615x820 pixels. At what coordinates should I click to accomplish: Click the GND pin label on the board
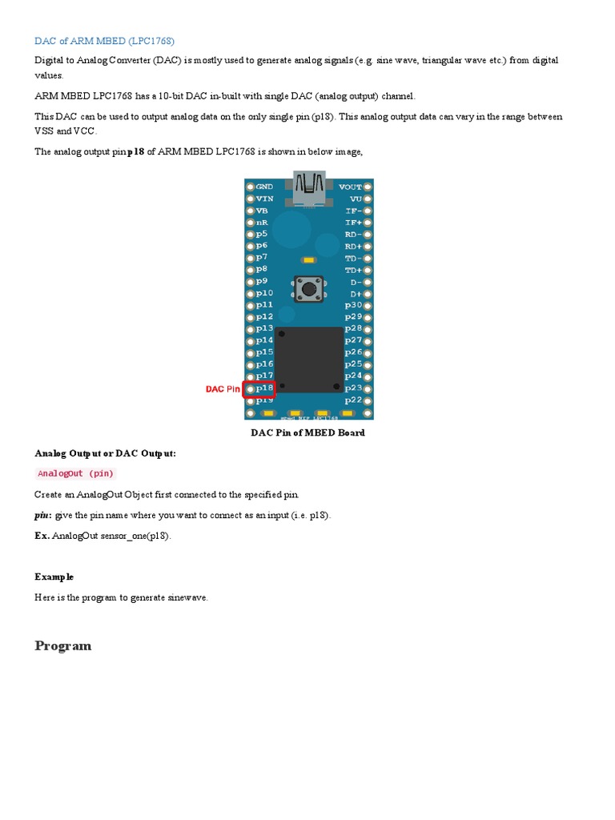(264, 186)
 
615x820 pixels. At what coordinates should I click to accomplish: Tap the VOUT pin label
(351, 186)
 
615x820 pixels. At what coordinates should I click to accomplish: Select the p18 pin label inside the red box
(265, 388)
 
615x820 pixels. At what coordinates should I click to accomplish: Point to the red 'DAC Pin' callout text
(223, 389)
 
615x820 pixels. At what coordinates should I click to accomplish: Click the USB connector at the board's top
(309, 186)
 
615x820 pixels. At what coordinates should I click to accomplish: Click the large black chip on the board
(309, 359)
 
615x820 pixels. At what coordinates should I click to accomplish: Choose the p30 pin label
(353, 305)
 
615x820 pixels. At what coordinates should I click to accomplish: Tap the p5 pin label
(262, 234)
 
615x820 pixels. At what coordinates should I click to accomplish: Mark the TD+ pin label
(353, 270)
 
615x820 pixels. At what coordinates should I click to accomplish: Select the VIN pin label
(264, 198)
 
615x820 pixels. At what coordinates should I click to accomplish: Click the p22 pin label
(353, 400)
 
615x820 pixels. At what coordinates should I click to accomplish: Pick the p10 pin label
(264, 293)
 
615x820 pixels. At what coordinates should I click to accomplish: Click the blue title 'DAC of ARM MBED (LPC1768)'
(104, 40)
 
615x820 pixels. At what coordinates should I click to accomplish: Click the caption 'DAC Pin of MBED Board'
(308, 432)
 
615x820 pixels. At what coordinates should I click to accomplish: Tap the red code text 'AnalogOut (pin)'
(76, 473)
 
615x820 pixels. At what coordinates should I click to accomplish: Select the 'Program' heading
(63, 646)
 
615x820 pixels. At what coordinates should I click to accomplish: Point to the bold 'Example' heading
(54, 577)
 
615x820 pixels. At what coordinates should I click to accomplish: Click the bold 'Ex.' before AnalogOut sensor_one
(42, 536)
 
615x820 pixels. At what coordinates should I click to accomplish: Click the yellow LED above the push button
(308, 260)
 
